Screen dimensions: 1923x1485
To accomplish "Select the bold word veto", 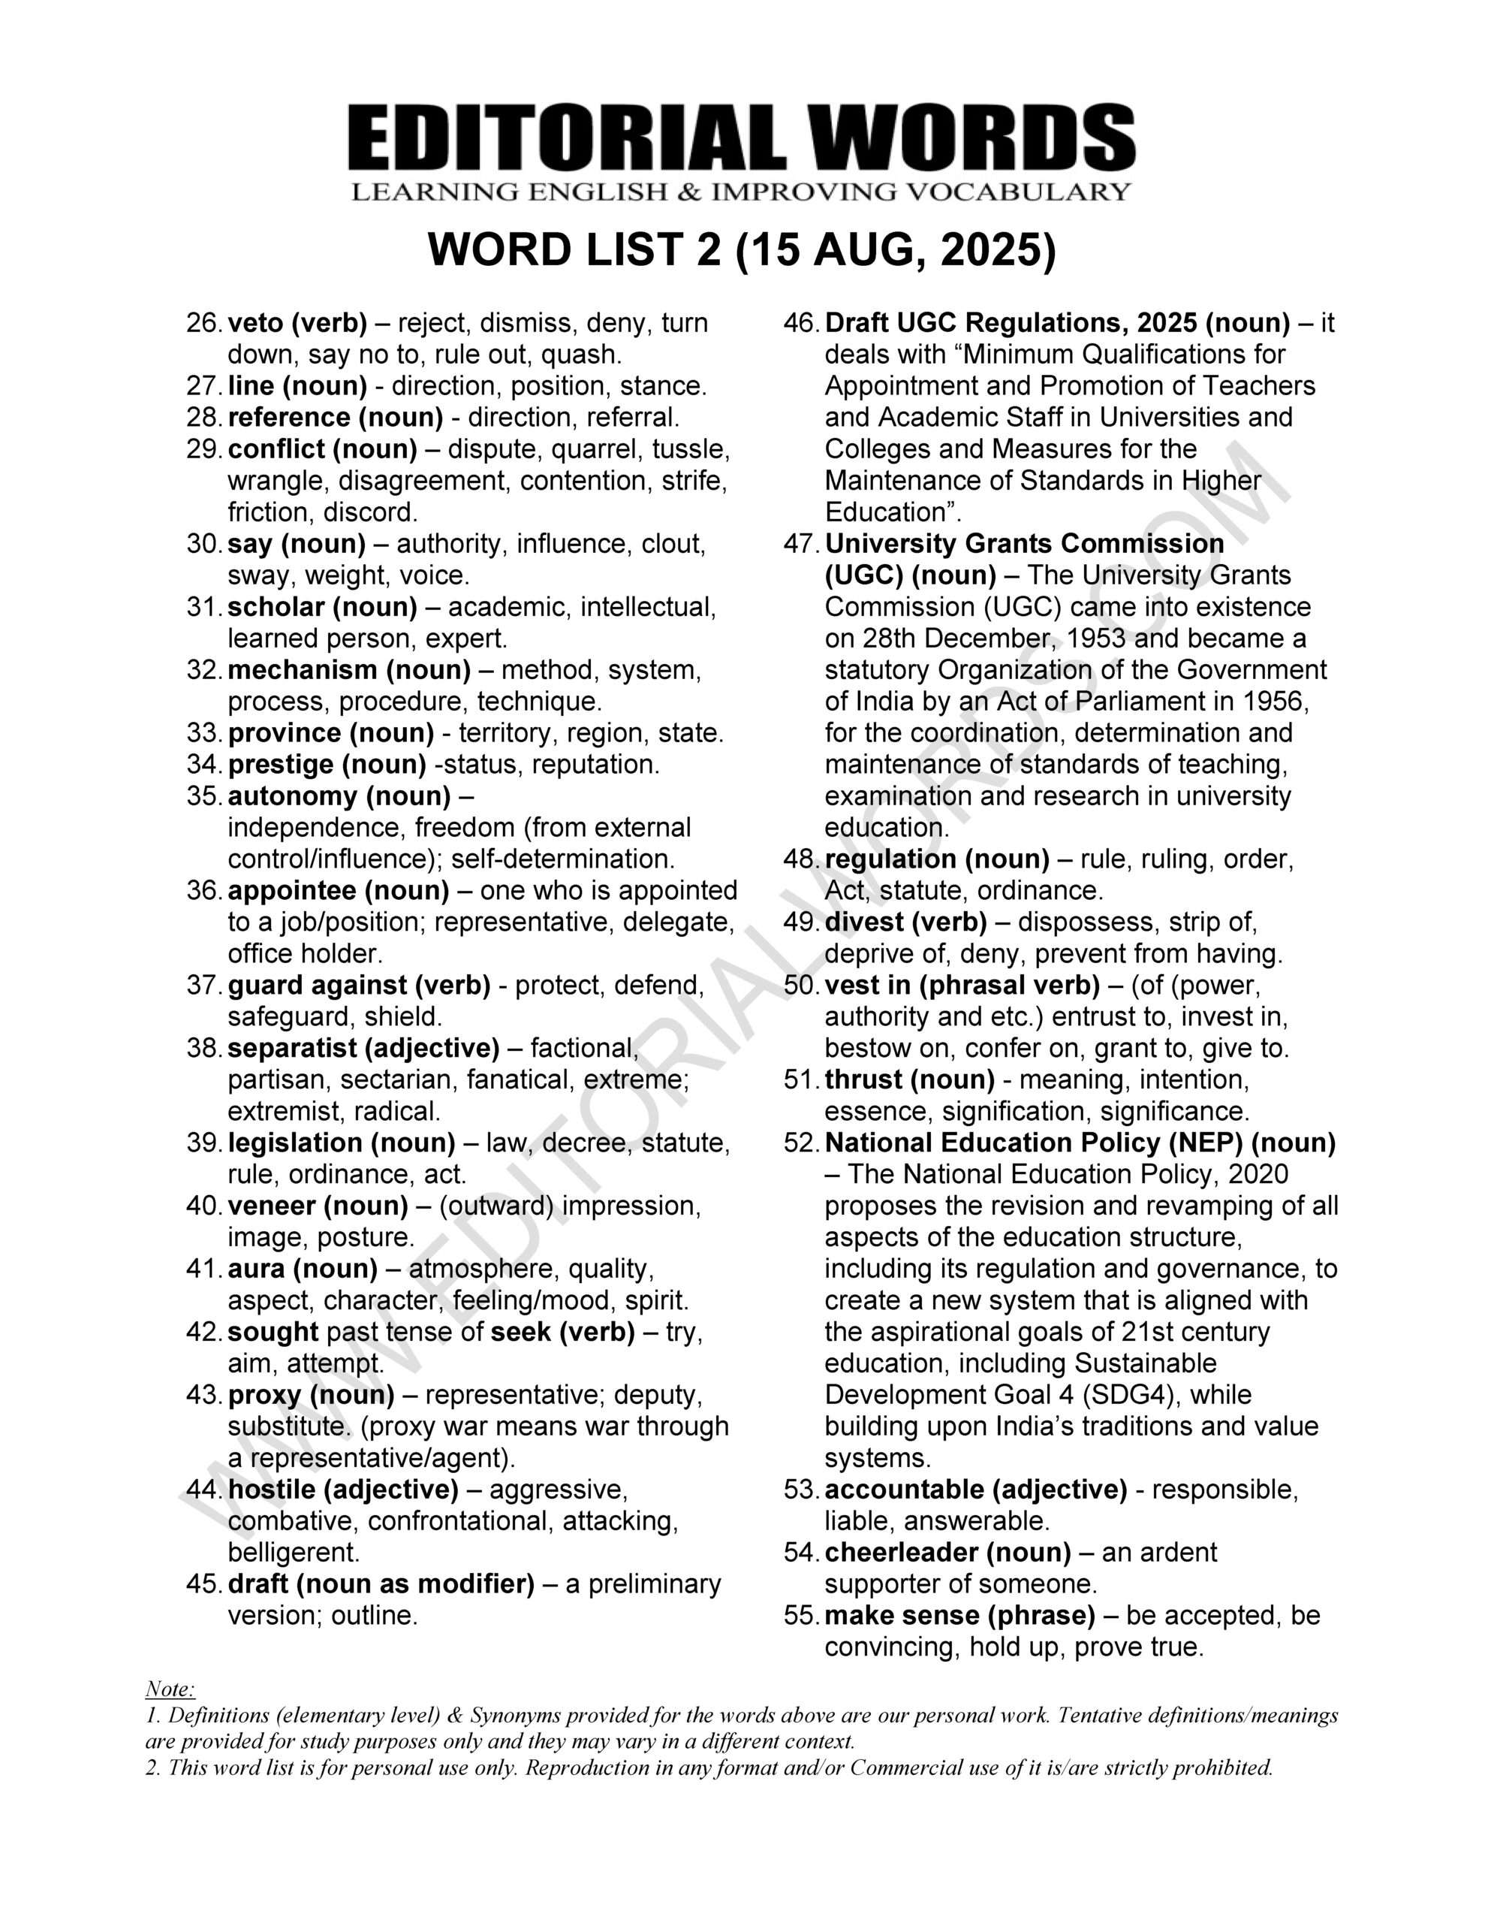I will [x=255, y=323].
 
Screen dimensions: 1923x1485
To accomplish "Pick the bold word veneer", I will [x=271, y=1206].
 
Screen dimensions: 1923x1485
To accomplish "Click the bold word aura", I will [x=255, y=1269].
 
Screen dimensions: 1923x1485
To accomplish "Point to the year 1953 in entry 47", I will [x=1098, y=638].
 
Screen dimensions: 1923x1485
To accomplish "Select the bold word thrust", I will [x=863, y=1079].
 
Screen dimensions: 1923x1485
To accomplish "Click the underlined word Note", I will [x=169, y=1689].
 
